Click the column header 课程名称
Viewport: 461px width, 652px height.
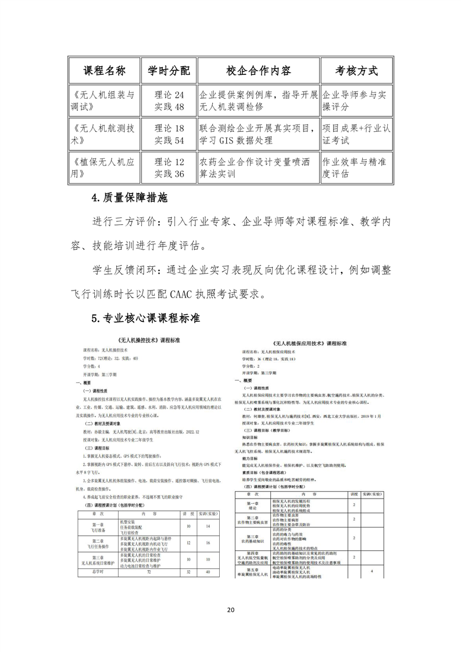click(104, 71)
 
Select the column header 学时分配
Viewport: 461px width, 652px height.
click(169, 71)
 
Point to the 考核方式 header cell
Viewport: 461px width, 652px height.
click(356, 71)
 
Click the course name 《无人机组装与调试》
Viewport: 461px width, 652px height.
click(104, 101)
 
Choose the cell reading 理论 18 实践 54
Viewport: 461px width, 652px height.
click(169, 134)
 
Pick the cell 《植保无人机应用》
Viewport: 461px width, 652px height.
click(104, 167)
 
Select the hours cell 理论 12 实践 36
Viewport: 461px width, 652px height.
click(169, 167)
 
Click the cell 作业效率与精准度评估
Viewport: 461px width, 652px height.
click(356, 167)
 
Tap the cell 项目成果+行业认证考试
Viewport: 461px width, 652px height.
click(356, 134)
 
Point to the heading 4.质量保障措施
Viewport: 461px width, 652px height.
click(129, 198)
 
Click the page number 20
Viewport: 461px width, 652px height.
click(231, 610)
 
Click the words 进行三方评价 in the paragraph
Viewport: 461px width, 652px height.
click(125, 222)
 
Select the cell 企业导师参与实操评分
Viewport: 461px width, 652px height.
click(356, 101)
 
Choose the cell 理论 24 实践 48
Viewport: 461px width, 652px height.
click(169, 101)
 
